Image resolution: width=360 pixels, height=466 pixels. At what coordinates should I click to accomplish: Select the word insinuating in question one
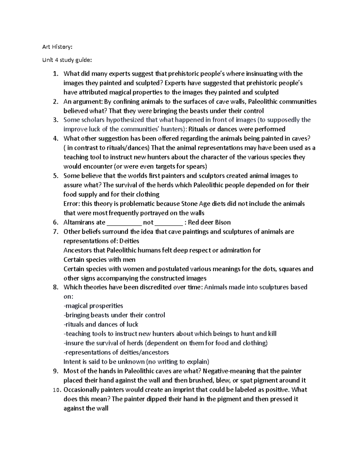click(x=261, y=74)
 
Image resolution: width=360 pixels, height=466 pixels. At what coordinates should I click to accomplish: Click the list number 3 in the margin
click(x=55, y=120)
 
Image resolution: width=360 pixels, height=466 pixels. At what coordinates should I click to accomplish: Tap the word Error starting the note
click(x=71, y=204)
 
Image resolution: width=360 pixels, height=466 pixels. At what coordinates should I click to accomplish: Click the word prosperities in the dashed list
click(x=106, y=306)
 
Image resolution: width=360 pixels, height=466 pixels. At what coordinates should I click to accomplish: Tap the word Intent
click(x=72, y=362)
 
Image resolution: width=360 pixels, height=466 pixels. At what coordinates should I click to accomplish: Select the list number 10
click(x=56, y=390)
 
